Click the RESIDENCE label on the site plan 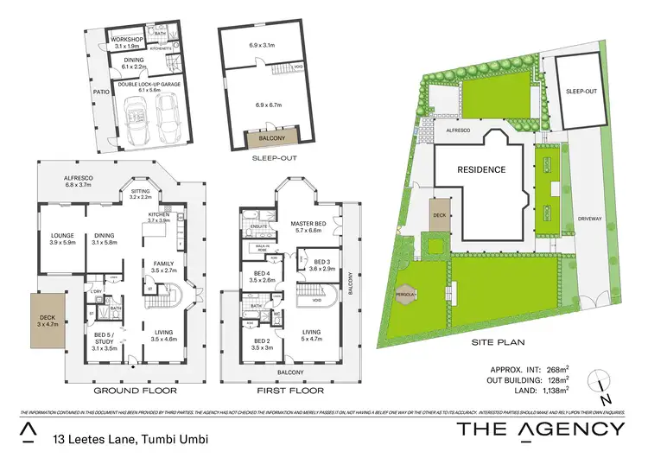coord(480,170)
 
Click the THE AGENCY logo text coord(539,429)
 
